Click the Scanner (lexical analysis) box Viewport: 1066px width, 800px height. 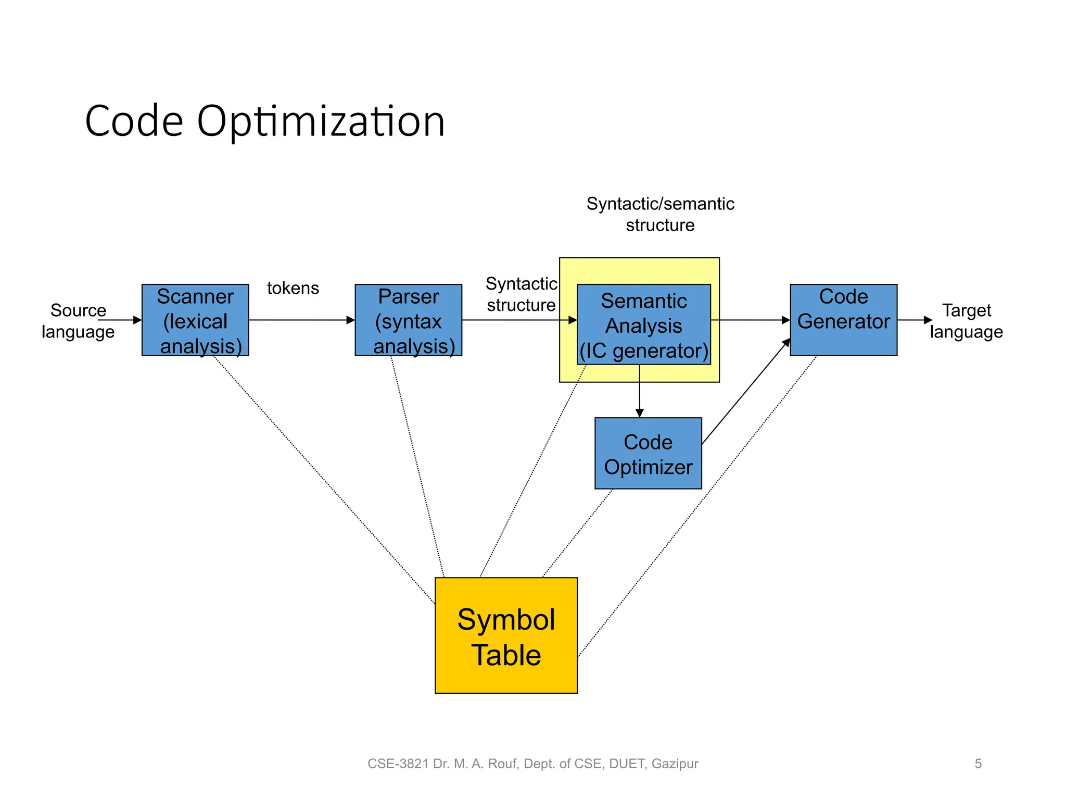195,320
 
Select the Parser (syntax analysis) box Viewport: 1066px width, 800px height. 408,320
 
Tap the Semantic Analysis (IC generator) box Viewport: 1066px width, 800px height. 644,325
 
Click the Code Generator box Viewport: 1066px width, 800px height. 843,320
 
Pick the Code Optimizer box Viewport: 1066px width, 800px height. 648,453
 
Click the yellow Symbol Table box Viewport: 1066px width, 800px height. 506,635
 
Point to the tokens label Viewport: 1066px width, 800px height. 293,288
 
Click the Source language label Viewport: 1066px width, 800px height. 78,321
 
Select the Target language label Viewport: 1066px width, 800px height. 967,321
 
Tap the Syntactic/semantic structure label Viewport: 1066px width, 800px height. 660,214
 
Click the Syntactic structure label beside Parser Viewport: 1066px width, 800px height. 521,294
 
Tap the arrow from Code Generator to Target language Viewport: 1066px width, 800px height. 913,320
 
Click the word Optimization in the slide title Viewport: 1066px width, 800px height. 321,121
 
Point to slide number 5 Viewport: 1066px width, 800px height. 978,764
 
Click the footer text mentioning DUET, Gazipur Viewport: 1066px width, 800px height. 532,764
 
